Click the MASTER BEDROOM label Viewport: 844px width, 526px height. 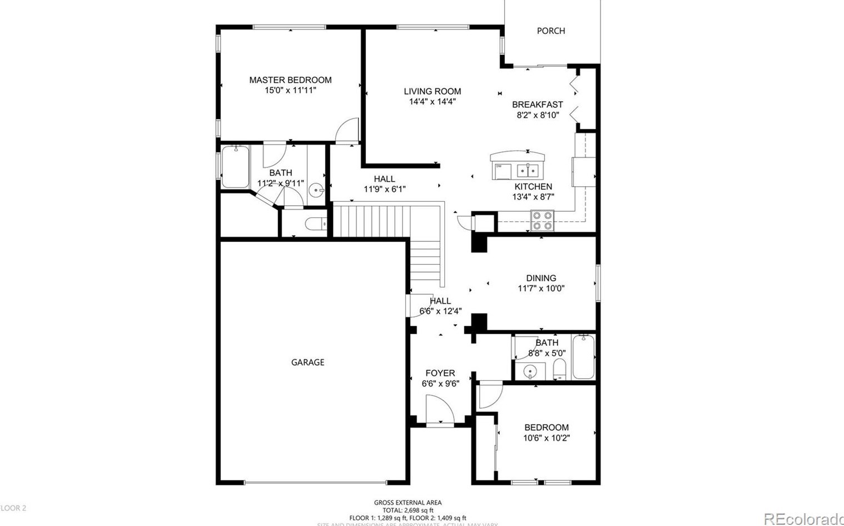[290, 80]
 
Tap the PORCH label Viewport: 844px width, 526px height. [550, 31]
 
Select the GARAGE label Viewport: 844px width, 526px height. [307, 363]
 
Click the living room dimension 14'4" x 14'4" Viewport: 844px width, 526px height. [432, 102]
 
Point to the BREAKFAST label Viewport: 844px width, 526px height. [537, 105]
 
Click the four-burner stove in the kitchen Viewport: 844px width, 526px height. [542, 220]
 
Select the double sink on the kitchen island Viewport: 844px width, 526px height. [527, 170]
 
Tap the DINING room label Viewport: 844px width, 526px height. [541, 278]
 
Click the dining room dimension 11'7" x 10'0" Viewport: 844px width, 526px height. [541, 289]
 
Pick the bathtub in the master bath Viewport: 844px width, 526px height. [235, 166]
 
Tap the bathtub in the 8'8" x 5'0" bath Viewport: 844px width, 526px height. [583, 356]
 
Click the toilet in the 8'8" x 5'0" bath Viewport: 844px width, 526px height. [559, 369]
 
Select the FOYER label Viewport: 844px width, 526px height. [440, 373]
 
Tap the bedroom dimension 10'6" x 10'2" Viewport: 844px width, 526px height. [546, 438]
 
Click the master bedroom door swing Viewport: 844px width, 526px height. [347, 131]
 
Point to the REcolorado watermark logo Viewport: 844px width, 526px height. [803, 519]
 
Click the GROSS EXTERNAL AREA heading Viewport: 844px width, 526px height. [408, 503]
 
